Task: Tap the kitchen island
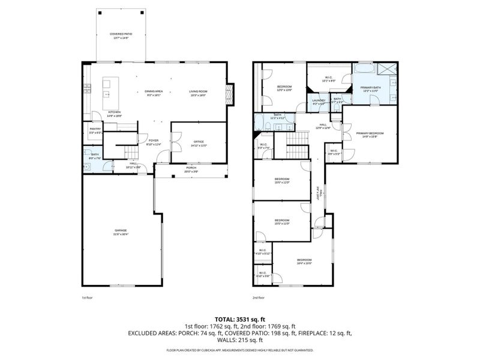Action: point(109,89)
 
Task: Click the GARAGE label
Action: point(121,232)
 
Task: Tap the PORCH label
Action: point(191,170)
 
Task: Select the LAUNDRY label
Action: point(318,101)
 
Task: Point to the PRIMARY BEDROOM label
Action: point(370,134)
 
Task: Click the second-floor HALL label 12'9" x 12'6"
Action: point(323,125)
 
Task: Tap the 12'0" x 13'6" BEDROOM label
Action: point(284,88)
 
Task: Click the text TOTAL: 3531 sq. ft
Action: point(240,320)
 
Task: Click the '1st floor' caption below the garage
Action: point(87,298)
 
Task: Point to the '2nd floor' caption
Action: point(259,298)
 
